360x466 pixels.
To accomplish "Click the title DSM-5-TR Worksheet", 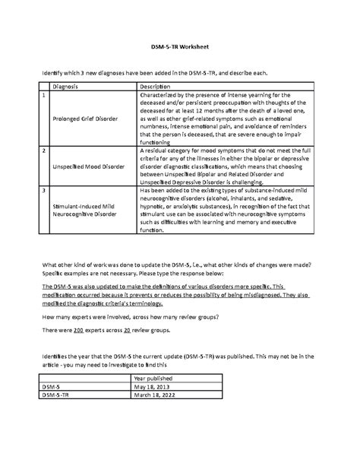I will click(179, 47).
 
